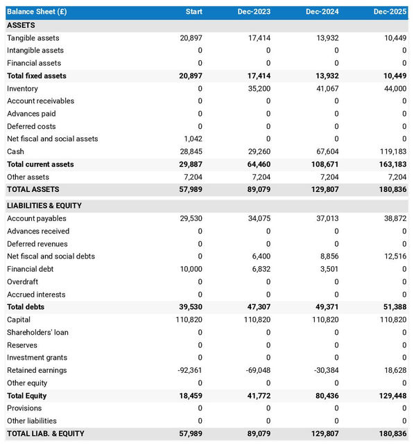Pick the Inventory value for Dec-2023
(258, 89)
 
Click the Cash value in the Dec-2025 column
(393, 151)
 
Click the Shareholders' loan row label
(37, 332)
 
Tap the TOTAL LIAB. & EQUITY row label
(45, 433)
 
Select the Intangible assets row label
(35, 51)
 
